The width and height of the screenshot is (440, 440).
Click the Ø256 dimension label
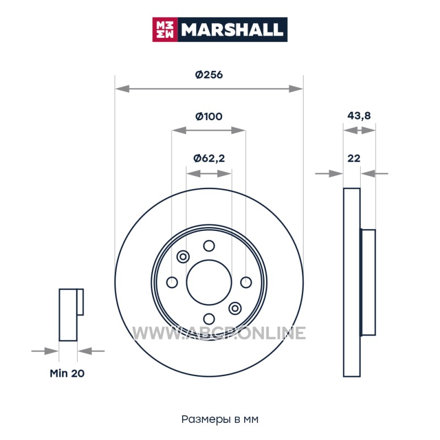(x=209, y=75)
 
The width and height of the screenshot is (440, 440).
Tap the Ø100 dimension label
(x=209, y=116)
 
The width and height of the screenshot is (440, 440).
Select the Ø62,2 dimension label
(x=209, y=158)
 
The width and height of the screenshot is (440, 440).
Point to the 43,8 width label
(x=359, y=116)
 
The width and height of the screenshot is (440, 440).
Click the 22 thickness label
(x=354, y=158)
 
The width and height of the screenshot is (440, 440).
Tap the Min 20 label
(x=67, y=373)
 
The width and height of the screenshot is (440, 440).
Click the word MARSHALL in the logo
(x=232, y=30)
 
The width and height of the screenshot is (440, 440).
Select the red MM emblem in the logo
(x=165, y=30)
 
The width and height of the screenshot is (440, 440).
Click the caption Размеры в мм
(x=219, y=419)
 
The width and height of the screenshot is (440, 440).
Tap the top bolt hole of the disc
(x=209, y=246)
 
